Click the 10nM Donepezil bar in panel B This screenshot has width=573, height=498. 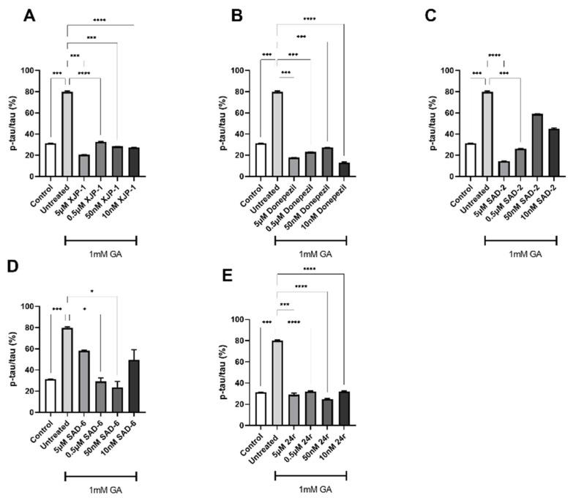pyautogui.click(x=345, y=169)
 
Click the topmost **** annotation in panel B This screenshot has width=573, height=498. pyautogui.click(x=310, y=18)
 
